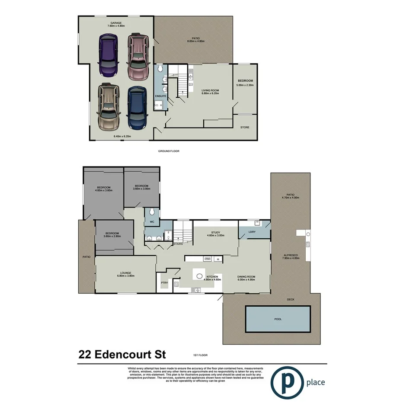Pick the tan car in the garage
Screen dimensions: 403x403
coord(108,106)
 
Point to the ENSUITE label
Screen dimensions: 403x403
coord(161,96)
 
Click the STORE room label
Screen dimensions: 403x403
coord(245,127)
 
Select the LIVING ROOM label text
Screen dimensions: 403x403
coord(210,90)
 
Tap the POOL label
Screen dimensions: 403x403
coord(278,319)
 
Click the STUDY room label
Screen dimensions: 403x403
coord(215,232)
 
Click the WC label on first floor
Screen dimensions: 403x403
coord(152,222)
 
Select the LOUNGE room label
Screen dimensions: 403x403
coord(126,273)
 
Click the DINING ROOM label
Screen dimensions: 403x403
coord(246,277)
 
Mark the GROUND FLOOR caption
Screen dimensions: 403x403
coord(168,151)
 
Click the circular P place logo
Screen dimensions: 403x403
coord(287,382)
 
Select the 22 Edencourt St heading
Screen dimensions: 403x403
coord(123,355)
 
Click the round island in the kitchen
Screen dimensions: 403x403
coord(199,276)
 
